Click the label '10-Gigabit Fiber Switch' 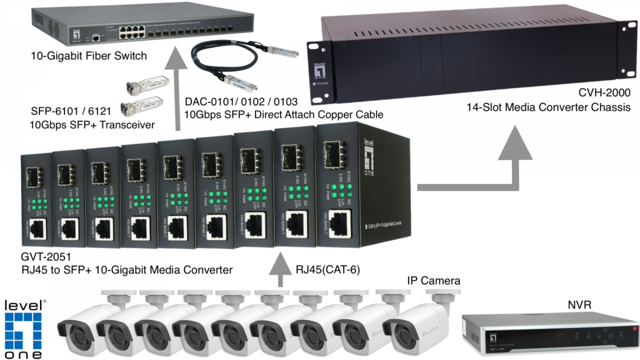click(x=89, y=56)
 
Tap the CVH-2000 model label click(x=604, y=92)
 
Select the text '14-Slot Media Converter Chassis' click(x=548, y=107)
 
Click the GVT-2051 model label click(x=46, y=257)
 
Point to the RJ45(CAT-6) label click(x=328, y=269)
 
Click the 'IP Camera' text click(x=433, y=281)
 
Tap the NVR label click(x=579, y=305)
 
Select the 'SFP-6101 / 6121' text click(x=71, y=111)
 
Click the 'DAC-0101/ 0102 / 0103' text click(x=241, y=101)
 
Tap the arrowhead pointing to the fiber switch click(x=176, y=60)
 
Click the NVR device click(x=550, y=333)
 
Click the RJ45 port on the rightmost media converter click(x=340, y=224)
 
